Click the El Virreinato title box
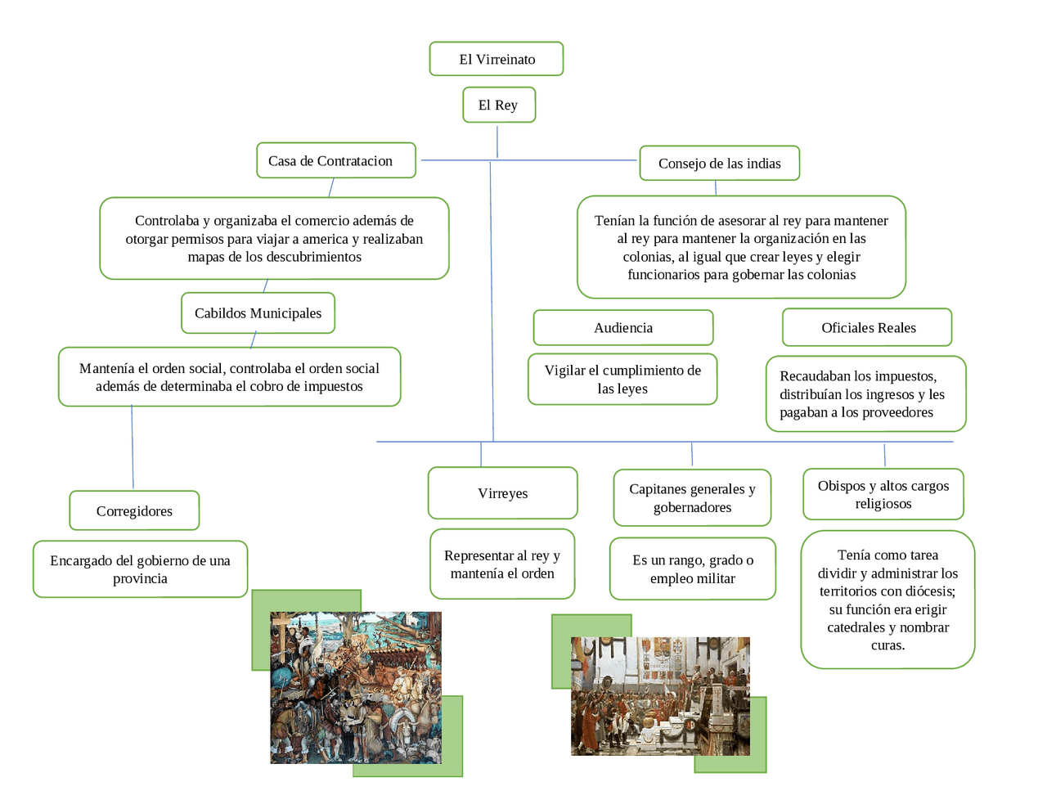pos(497,59)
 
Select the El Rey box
pos(499,105)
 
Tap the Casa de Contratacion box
pos(336,160)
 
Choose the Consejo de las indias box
pos(719,164)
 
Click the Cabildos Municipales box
pos(258,313)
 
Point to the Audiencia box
pos(623,328)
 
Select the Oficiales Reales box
pos(867,328)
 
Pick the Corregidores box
pos(134,510)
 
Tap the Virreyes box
pos(502,493)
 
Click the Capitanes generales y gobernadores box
pos(692,497)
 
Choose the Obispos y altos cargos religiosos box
pos(883,494)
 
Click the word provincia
pos(140,578)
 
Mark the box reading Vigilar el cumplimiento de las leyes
pos(622,380)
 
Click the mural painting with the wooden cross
pos(356,688)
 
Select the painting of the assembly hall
pos(660,696)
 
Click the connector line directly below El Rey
pos(497,142)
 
